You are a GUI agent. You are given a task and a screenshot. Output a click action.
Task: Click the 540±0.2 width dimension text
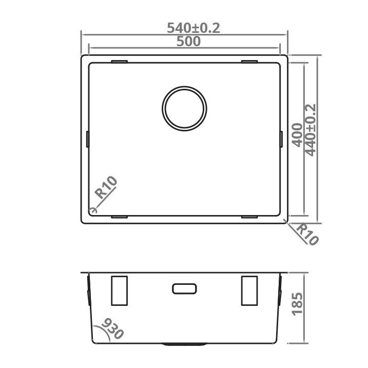pyautogui.click(x=193, y=29)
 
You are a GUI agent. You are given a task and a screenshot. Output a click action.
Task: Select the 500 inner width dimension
pyautogui.click(x=188, y=42)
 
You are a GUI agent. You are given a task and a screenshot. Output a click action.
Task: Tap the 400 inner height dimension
pyautogui.click(x=297, y=134)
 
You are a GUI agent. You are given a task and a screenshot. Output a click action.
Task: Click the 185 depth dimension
pyautogui.click(x=297, y=304)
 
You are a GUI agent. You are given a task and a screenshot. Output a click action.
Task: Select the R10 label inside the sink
pyautogui.click(x=107, y=187)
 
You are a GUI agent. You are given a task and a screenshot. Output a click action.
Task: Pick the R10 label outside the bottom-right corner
pyautogui.click(x=307, y=234)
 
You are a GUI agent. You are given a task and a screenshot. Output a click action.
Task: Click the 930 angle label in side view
pyautogui.click(x=113, y=328)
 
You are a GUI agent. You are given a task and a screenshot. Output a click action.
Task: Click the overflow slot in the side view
pyautogui.click(x=184, y=288)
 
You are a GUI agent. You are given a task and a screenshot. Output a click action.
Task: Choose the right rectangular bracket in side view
pyautogui.click(x=249, y=290)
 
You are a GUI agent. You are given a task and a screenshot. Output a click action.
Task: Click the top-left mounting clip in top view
pyautogui.click(x=119, y=62)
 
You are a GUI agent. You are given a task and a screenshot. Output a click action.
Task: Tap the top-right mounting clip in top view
pyautogui.click(x=249, y=62)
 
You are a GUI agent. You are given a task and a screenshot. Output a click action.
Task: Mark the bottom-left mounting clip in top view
pyautogui.click(x=119, y=217)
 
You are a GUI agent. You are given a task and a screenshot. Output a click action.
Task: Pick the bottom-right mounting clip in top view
pyautogui.click(x=249, y=217)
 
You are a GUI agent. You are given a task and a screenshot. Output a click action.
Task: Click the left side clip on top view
pyautogui.click(x=88, y=139)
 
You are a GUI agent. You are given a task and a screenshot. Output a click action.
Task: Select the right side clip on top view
pyautogui.click(x=281, y=139)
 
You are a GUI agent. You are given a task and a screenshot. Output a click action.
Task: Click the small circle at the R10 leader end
pyautogui.click(x=92, y=210)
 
